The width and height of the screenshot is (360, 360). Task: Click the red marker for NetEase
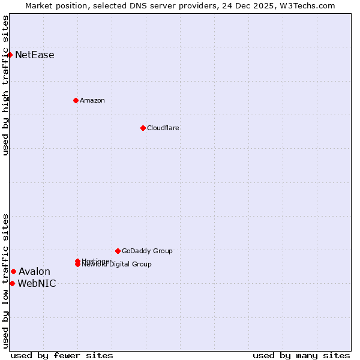click(10, 55)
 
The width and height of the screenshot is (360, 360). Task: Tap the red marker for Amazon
click(76, 100)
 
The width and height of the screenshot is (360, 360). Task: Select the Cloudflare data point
click(143, 128)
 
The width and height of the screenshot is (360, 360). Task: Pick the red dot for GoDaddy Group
click(118, 251)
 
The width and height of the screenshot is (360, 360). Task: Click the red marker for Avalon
click(13, 271)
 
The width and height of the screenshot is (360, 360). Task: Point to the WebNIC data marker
click(12, 283)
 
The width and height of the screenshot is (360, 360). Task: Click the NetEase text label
click(34, 55)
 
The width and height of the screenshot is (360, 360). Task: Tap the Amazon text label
click(92, 100)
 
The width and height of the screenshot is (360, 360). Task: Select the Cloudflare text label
click(163, 128)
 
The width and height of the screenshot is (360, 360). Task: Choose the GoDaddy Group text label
click(147, 251)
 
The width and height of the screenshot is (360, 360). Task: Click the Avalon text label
click(34, 272)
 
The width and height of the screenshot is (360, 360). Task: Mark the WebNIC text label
click(37, 284)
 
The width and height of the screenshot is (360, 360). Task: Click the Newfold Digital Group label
click(116, 265)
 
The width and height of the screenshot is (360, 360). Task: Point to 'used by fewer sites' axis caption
click(62, 355)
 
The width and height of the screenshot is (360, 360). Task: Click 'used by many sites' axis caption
click(301, 355)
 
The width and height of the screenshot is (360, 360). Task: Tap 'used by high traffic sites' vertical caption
click(6, 85)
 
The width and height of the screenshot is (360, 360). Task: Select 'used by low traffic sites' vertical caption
click(6, 281)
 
